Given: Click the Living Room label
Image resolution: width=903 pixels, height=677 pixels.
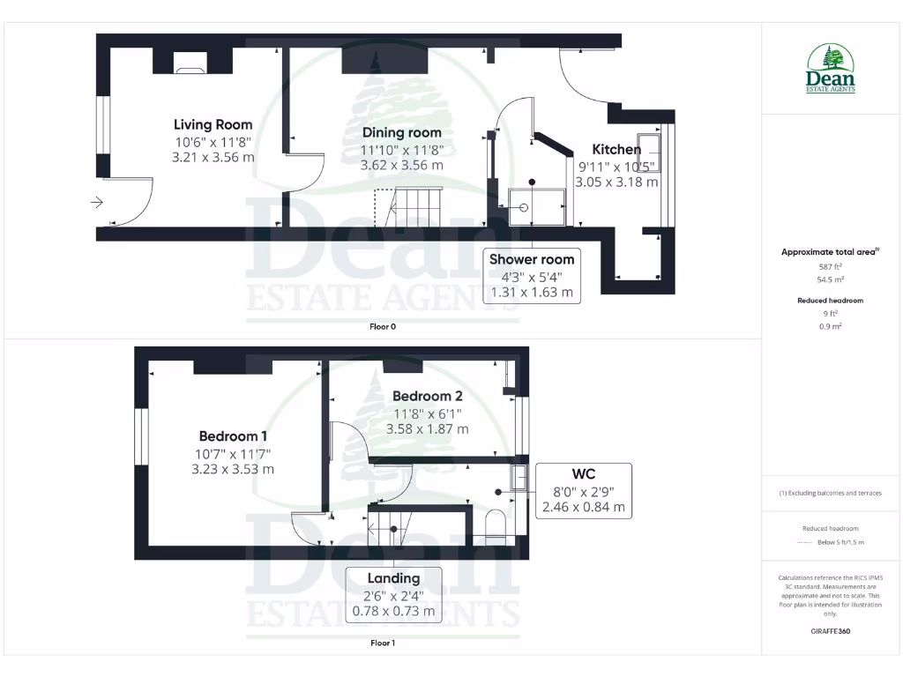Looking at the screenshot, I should pyautogui.click(x=213, y=125).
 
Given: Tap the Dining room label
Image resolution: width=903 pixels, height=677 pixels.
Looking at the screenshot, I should pyautogui.click(x=401, y=133).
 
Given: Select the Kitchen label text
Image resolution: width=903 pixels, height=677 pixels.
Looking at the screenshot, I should pyautogui.click(x=616, y=149).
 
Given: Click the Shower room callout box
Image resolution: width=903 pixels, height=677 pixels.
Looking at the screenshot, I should pyautogui.click(x=532, y=275).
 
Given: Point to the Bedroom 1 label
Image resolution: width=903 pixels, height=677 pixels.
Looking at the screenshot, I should pyautogui.click(x=233, y=436).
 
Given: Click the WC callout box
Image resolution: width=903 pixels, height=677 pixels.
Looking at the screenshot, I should pyautogui.click(x=583, y=490).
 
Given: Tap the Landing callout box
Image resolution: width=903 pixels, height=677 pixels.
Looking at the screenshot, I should pyautogui.click(x=393, y=594).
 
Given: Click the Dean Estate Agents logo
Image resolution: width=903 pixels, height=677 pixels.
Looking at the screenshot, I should pyautogui.click(x=831, y=69).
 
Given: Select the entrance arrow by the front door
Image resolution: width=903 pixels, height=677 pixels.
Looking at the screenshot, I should pyautogui.click(x=97, y=203).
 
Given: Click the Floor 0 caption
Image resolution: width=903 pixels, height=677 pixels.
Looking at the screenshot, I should pyautogui.click(x=383, y=327).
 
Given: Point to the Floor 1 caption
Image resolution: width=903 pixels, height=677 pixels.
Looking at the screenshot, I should pyautogui.click(x=383, y=644).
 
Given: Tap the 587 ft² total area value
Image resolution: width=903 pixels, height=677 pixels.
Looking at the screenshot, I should pyautogui.click(x=830, y=266).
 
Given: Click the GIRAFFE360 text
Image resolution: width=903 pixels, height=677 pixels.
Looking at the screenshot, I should pyautogui.click(x=831, y=631).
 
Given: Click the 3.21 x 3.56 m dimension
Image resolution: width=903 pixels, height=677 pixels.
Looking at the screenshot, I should pyautogui.click(x=214, y=157).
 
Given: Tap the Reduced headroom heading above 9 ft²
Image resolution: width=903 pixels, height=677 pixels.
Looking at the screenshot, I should pyautogui.click(x=830, y=301).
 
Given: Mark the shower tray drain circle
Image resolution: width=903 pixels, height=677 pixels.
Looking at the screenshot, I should pyautogui.click(x=525, y=209).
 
